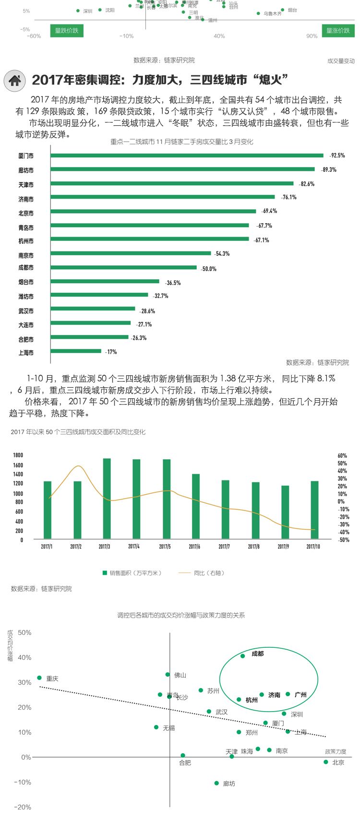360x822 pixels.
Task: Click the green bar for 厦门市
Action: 187,155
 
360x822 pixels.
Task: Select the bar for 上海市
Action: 76,351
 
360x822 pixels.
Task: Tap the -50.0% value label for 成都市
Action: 209,269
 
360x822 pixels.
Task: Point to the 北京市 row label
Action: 26,214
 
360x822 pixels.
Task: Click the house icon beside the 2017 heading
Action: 15,81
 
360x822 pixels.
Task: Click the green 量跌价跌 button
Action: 67,31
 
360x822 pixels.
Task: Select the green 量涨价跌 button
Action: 338,31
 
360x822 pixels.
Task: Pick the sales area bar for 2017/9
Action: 285,512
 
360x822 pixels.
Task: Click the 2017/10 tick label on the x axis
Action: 313,547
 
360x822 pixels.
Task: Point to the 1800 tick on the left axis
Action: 18,455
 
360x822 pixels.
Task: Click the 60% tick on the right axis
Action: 342,456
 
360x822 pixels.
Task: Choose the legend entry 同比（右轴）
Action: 202,573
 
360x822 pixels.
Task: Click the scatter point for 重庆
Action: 39,678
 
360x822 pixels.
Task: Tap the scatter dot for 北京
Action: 326,762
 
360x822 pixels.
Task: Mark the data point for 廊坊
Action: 216,783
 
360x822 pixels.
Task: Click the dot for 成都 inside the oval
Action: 242,656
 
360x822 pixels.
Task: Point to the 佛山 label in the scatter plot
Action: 180,675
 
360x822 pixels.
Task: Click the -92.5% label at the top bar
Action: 337,155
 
